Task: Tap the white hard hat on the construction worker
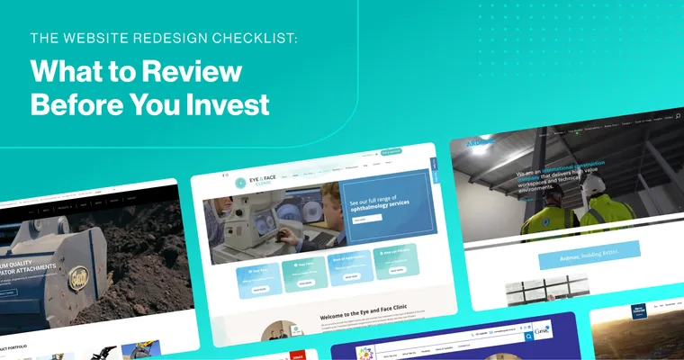click(x=595, y=184)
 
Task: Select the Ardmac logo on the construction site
click(x=477, y=143)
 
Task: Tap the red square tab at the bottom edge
click(x=298, y=355)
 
